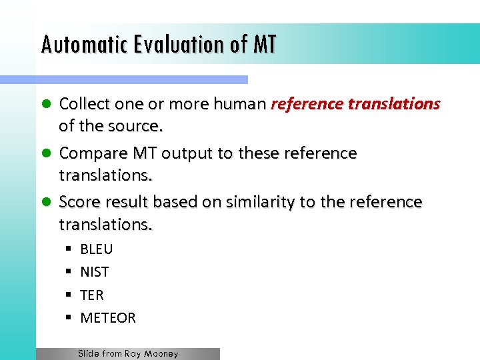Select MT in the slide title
coord(265,45)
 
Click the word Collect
coord(83,104)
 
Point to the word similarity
coord(255,202)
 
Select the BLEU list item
coord(97,249)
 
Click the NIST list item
coord(94,272)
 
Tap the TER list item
coord(92,295)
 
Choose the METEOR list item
coord(108,318)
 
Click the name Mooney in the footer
coord(161,354)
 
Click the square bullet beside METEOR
coord(69,318)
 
